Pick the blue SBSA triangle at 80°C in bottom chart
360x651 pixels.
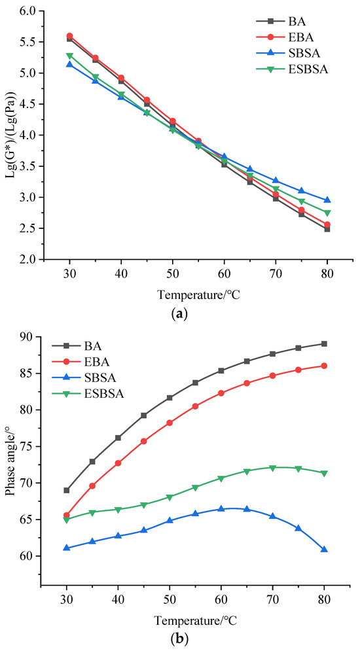pos(324,550)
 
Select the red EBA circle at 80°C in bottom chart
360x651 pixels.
pos(324,366)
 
